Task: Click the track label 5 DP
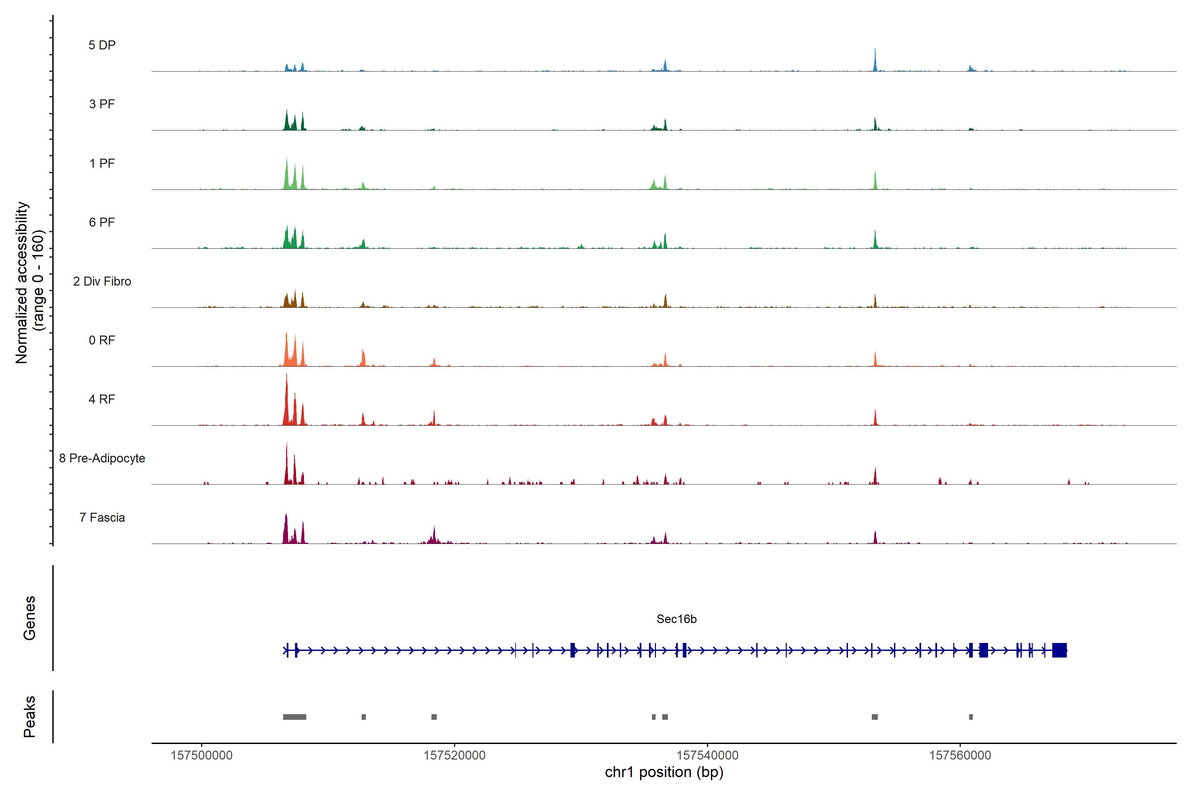click(x=102, y=45)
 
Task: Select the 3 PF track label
click(x=102, y=104)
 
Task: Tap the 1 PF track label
click(x=102, y=163)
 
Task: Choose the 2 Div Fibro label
click(x=102, y=281)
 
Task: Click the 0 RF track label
click(x=102, y=340)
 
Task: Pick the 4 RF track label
click(x=102, y=399)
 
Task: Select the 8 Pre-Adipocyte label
click(x=102, y=458)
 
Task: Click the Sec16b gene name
click(x=676, y=619)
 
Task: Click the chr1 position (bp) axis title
click(x=664, y=772)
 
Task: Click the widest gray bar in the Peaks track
click(x=294, y=717)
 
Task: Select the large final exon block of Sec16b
click(x=1059, y=650)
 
